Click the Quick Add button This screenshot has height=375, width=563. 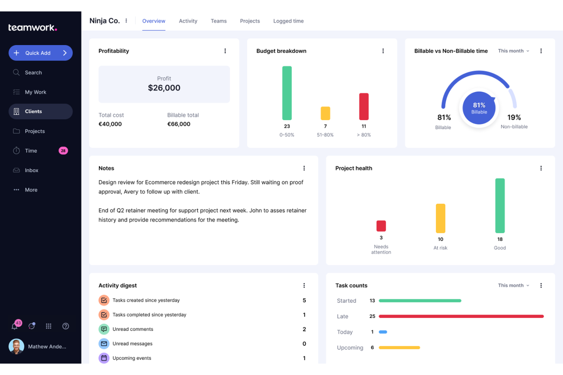[x=40, y=53]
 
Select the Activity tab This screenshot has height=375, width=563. [x=188, y=21]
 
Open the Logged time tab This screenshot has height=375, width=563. [x=288, y=21]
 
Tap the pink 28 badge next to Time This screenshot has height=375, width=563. [x=63, y=151]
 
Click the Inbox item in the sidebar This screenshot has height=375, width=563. [x=32, y=170]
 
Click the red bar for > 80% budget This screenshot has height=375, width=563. [x=364, y=106]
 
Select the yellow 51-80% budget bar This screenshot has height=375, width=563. [x=325, y=113]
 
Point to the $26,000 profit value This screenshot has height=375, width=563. [x=164, y=88]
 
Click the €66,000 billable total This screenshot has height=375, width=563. [x=179, y=124]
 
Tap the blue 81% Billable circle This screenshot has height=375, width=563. [x=479, y=108]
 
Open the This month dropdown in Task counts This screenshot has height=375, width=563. [x=513, y=285]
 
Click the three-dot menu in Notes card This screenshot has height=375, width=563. [x=304, y=168]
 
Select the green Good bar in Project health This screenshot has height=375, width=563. [x=500, y=206]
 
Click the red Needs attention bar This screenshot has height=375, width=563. [x=381, y=226]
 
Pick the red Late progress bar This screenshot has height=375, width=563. [x=461, y=316]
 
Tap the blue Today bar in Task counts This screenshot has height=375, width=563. [x=383, y=332]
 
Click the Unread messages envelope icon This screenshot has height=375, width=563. [x=104, y=343]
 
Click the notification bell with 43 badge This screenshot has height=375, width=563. [x=15, y=326]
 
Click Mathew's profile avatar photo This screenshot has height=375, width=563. [x=16, y=347]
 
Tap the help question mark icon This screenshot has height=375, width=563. [x=65, y=326]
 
